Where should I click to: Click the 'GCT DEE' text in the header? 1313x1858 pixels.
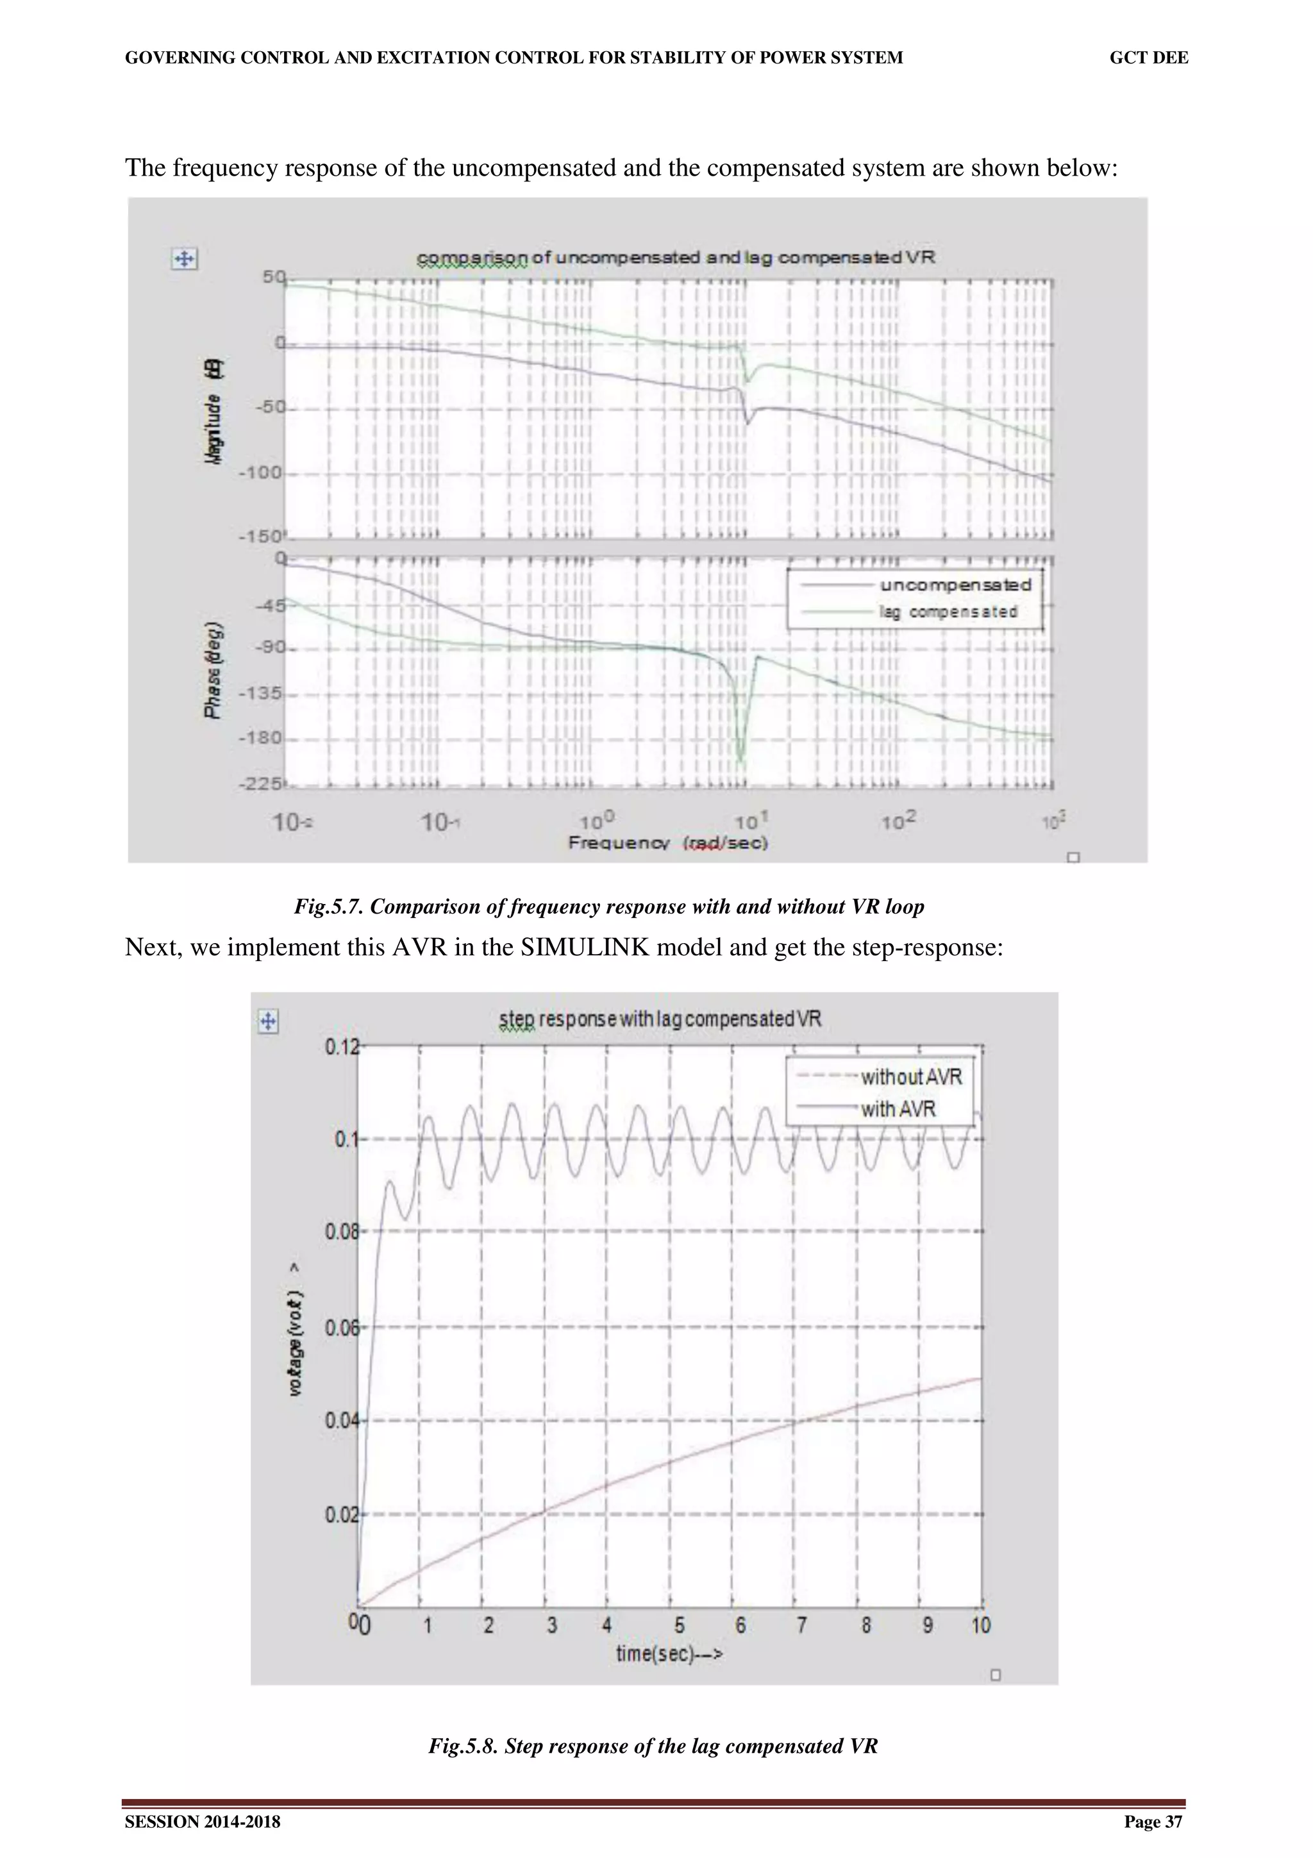[x=1148, y=58]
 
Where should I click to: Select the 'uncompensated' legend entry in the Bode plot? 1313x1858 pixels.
[x=955, y=585]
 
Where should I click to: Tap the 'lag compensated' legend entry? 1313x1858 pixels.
[x=948, y=612]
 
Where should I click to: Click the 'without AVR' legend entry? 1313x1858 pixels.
[x=911, y=1077]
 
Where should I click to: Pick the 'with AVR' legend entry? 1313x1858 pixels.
[x=898, y=1109]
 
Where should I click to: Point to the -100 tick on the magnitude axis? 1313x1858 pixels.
[x=260, y=473]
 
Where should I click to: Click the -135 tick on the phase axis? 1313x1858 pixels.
[x=260, y=694]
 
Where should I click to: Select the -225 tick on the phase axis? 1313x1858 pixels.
[x=260, y=783]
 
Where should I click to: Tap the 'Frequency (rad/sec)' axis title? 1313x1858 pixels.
[x=667, y=843]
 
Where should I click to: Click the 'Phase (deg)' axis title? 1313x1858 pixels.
[x=213, y=669]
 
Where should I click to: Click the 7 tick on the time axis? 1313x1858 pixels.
[x=801, y=1625]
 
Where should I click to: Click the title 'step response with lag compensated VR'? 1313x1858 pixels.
[x=660, y=1019]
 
